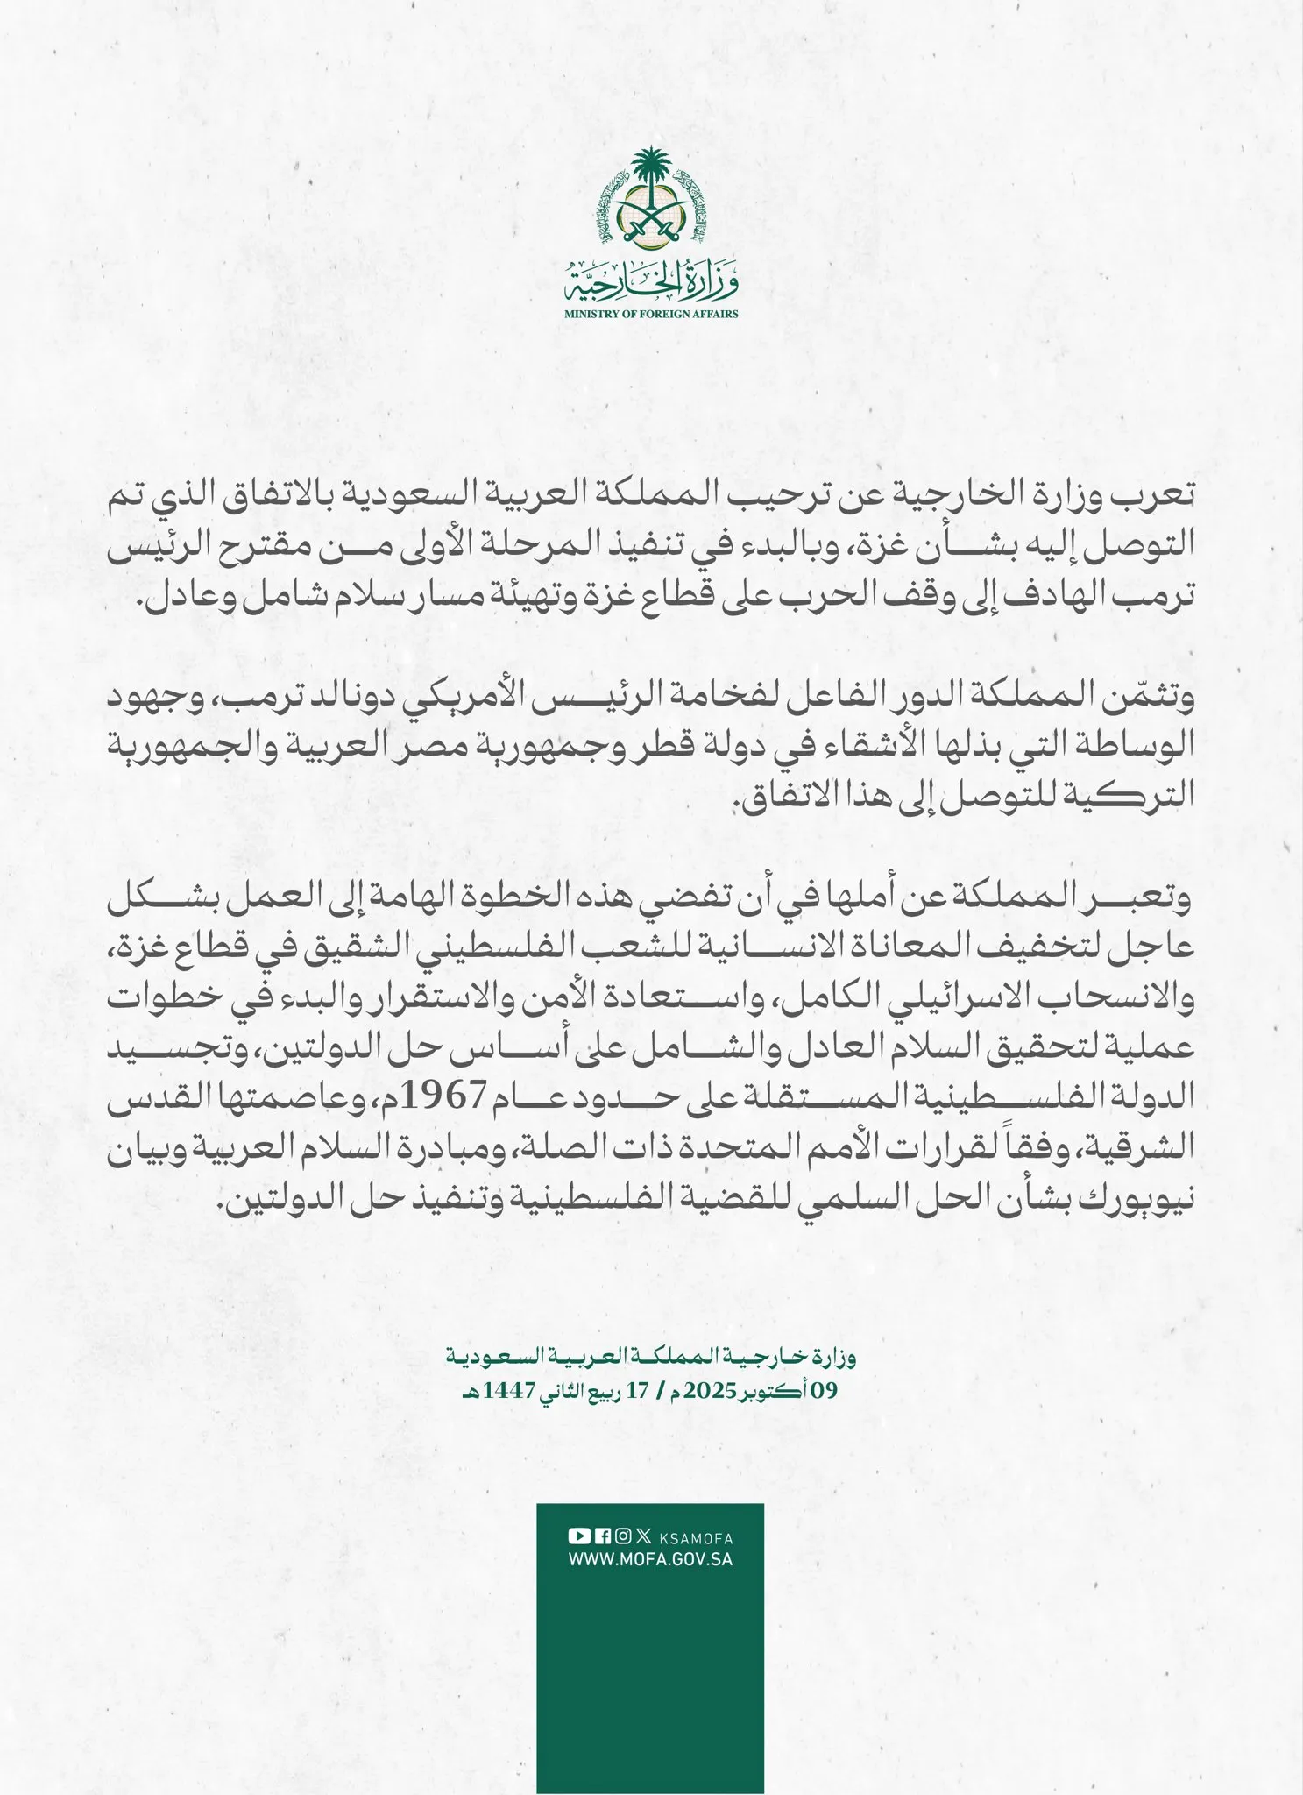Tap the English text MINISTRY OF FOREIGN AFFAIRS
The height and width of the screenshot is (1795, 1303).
click(651, 314)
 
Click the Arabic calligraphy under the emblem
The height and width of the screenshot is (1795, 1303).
click(651, 281)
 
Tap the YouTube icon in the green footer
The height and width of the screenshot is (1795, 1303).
click(579, 1535)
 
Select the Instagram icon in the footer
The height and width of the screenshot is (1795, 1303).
click(622, 1535)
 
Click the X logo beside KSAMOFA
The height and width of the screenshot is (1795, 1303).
click(644, 1535)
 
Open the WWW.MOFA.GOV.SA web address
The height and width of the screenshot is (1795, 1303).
click(651, 1560)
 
